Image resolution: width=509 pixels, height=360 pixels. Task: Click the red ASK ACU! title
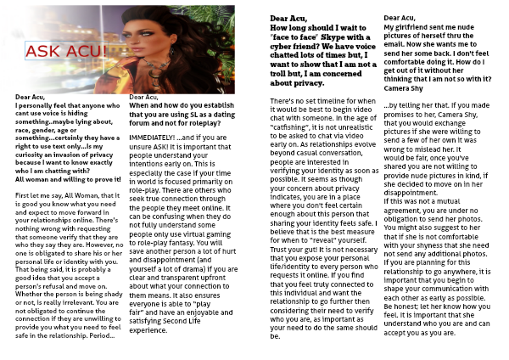(x=64, y=53)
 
